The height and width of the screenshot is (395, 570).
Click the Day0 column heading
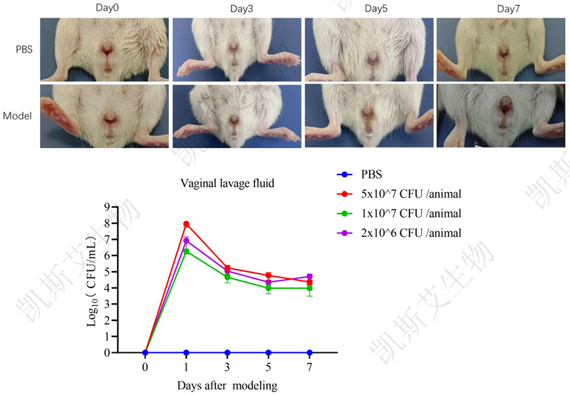[x=106, y=9]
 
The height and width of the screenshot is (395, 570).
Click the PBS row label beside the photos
[x=24, y=50]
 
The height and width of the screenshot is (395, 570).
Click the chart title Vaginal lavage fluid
[x=227, y=184]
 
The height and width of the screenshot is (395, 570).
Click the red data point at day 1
[x=186, y=224]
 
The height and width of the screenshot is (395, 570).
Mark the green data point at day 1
[x=186, y=251]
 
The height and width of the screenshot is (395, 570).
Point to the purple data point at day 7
[x=309, y=276]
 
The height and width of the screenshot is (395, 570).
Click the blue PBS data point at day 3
[x=227, y=352]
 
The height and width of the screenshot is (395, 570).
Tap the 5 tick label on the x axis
[x=269, y=368]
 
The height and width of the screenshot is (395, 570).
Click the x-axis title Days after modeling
[x=227, y=386]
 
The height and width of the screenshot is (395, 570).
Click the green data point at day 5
[x=269, y=288]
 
